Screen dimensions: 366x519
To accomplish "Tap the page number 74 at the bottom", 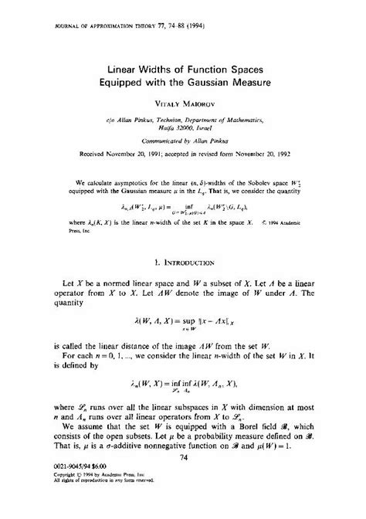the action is tap(183, 479).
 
